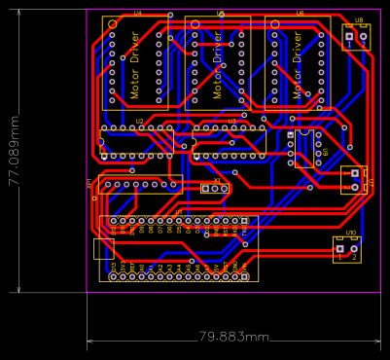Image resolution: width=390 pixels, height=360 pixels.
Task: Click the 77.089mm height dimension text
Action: [14, 151]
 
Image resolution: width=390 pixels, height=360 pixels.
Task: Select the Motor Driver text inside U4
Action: [134, 66]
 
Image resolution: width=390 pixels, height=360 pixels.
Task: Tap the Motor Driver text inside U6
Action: [298, 66]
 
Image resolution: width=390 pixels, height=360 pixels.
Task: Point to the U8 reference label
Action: [359, 19]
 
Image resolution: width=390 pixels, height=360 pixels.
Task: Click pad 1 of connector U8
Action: [349, 38]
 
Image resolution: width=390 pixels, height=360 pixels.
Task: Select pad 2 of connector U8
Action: [364, 38]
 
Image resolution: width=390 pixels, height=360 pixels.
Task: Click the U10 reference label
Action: [350, 234]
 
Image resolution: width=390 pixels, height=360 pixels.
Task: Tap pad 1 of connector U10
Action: [340, 250]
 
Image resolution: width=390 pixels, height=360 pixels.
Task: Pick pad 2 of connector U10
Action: [355, 250]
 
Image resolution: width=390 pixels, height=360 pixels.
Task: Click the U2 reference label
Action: [139, 121]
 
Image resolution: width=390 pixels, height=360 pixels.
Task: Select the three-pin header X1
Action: [214, 188]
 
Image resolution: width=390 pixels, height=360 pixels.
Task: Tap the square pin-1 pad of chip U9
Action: [291, 134]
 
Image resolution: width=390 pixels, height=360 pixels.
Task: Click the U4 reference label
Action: [137, 13]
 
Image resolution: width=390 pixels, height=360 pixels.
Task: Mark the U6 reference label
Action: [300, 13]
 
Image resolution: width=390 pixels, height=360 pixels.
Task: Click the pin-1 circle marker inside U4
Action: [113, 23]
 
